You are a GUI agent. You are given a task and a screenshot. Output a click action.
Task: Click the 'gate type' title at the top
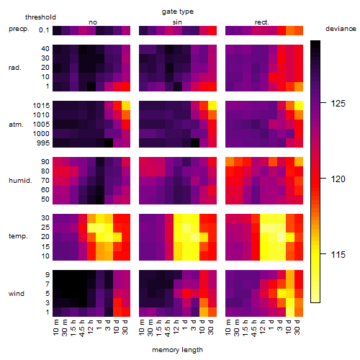[x=178, y=12]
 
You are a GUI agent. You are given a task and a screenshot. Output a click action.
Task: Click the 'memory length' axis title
[x=177, y=350]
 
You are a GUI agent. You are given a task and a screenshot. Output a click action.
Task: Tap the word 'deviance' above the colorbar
[x=341, y=29]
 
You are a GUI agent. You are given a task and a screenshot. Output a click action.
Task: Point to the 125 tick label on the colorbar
[x=338, y=104]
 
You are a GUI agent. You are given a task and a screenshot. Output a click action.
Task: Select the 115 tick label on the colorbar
[x=338, y=254]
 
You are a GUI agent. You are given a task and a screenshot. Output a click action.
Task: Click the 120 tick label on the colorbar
[x=338, y=179]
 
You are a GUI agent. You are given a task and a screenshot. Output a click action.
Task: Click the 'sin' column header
[x=177, y=22]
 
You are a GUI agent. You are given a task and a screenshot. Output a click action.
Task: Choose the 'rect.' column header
[x=262, y=22]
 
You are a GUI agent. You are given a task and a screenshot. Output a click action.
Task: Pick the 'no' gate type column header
[x=93, y=22]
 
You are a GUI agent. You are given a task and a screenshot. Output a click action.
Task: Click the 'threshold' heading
[x=40, y=17]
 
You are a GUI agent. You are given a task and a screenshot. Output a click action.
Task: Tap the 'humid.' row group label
[x=20, y=181]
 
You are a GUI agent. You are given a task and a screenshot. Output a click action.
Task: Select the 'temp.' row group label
[x=18, y=236]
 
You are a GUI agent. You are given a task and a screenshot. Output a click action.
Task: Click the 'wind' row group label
[x=17, y=294]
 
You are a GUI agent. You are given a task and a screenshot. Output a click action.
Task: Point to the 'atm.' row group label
[x=16, y=125]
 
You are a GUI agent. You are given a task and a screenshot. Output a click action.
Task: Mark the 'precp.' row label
[x=19, y=29]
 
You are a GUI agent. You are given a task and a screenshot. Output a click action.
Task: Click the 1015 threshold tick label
[x=41, y=106]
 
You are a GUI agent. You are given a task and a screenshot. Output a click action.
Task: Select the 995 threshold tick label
[x=43, y=143]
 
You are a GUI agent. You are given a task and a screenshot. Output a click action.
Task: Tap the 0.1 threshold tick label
[x=44, y=30]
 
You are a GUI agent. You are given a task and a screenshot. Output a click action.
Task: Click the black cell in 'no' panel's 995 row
[x=109, y=143]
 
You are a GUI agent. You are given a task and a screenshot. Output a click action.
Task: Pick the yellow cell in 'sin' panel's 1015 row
[x=212, y=105]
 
